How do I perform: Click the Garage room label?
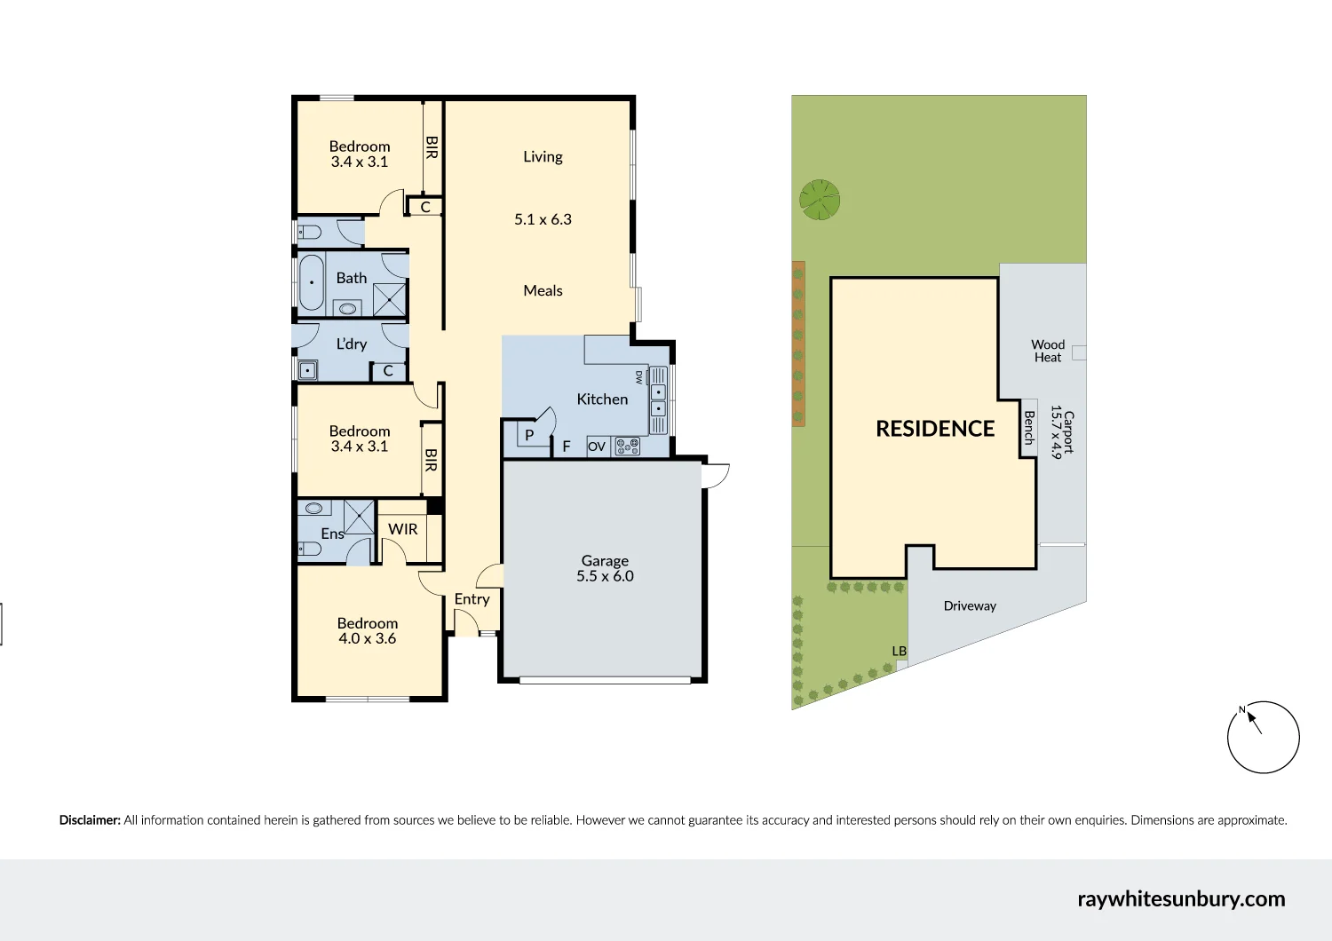(x=605, y=561)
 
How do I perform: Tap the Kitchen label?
(x=602, y=399)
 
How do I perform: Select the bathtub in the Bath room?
(x=312, y=282)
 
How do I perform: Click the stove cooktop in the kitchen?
(x=628, y=447)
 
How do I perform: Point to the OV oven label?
(x=597, y=447)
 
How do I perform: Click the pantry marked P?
(x=529, y=435)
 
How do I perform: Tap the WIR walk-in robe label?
(x=402, y=529)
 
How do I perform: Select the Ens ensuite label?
(x=332, y=534)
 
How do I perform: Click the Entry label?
(x=472, y=599)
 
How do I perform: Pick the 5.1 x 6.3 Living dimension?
(x=543, y=219)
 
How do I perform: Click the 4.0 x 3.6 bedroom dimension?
(x=367, y=639)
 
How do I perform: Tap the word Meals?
(x=543, y=291)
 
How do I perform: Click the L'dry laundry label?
(x=351, y=344)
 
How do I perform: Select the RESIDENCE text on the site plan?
(x=935, y=429)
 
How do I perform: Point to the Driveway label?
(x=970, y=606)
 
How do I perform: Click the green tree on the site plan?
(x=819, y=200)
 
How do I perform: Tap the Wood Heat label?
(x=1048, y=351)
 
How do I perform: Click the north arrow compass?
(x=1263, y=737)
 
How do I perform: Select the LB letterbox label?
(x=900, y=652)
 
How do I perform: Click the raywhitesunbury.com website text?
(x=1181, y=898)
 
